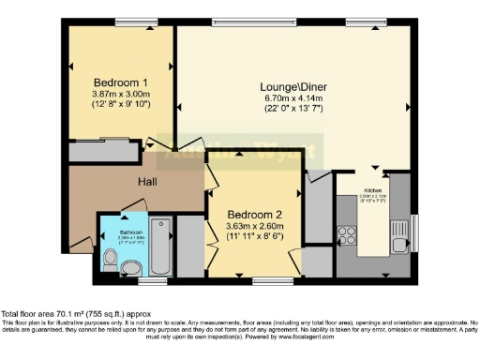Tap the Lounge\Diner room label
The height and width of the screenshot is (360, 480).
pos(293,86)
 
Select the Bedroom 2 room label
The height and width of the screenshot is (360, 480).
pos(256,214)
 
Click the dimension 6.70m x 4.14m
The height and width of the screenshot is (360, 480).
pos(293,97)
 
